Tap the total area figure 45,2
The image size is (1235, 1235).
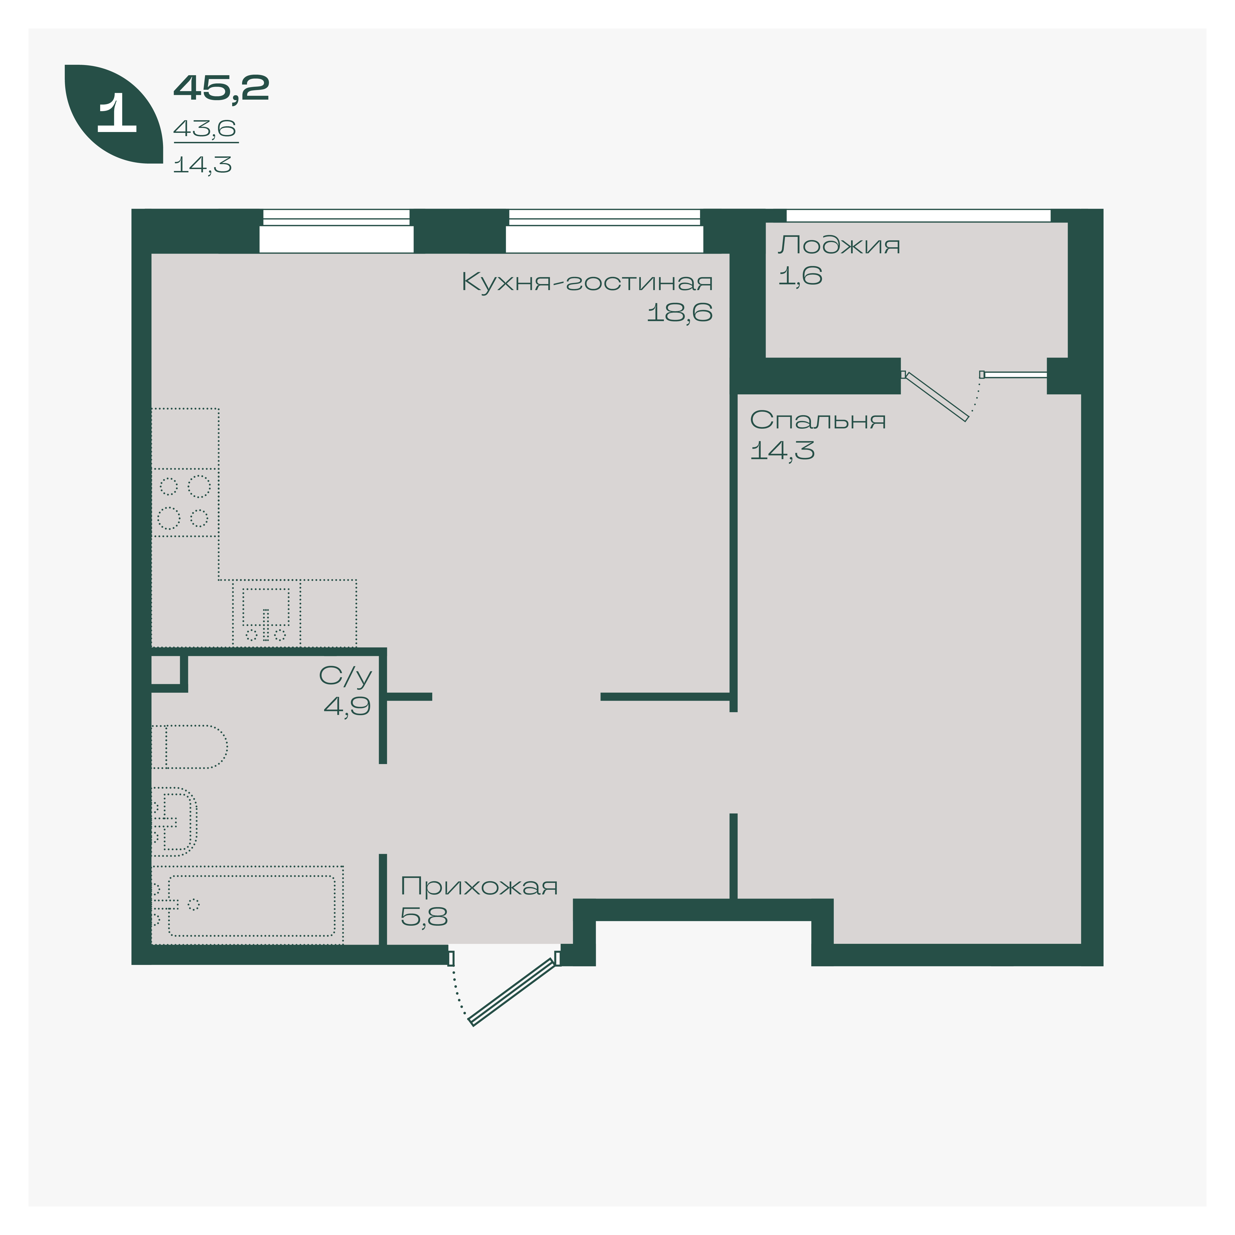coord(221,88)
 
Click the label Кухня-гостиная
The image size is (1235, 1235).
coord(587,282)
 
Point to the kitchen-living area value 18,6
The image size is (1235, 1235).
coord(680,313)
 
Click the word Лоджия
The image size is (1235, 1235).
coord(839,245)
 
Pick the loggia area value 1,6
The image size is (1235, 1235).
coord(800,276)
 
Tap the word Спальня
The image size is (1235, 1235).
coord(818,420)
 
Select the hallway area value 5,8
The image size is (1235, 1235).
coord(424,917)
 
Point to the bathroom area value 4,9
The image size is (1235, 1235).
coord(347,706)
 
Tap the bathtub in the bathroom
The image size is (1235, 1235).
coord(247,905)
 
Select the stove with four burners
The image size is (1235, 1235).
coord(185,503)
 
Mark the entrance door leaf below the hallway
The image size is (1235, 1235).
coord(511,992)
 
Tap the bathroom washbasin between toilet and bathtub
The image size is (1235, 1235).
coord(174,821)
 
